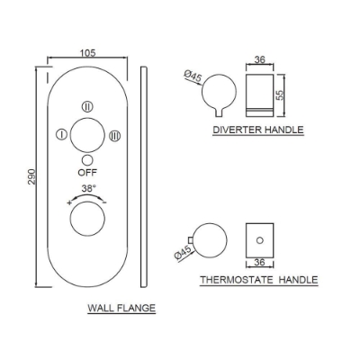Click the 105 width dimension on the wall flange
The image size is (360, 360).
(88, 53)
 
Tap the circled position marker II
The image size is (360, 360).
(87, 105)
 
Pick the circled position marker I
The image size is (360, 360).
(61, 135)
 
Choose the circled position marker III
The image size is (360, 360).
(114, 135)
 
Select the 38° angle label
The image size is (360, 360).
(88, 189)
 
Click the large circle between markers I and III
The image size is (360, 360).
(87, 135)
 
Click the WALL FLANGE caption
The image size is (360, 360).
(121, 308)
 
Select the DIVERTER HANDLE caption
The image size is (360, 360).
(258, 130)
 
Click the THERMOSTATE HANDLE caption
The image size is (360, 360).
(259, 280)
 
